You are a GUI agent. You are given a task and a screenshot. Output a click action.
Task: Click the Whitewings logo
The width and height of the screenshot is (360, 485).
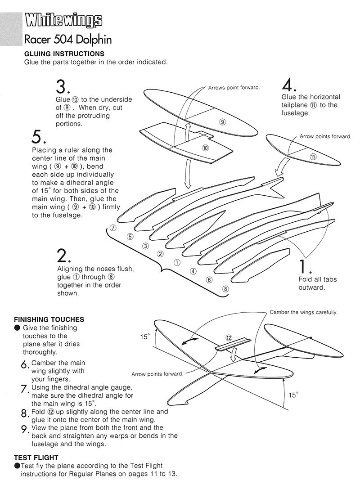pyautogui.click(x=63, y=21)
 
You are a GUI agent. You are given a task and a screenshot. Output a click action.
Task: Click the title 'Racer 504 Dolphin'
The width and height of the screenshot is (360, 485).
pyautogui.click(x=68, y=40)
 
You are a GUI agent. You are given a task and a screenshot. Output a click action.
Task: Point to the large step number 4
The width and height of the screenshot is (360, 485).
pyautogui.click(x=289, y=84)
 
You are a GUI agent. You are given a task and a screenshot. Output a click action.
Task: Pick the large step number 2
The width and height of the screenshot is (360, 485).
pyautogui.click(x=63, y=255)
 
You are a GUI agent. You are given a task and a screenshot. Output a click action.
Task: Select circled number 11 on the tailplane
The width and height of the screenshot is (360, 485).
pyautogui.click(x=313, y=157)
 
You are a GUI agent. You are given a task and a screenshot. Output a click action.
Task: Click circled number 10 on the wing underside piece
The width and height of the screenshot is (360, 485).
pyautogui.click(x=206, y=148)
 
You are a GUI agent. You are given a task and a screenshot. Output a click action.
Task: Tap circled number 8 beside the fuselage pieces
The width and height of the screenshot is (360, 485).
pyautogui.click(x=225, y=288)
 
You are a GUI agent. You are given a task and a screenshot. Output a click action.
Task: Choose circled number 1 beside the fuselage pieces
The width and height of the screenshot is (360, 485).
pyautogui.click(x=177, y=262)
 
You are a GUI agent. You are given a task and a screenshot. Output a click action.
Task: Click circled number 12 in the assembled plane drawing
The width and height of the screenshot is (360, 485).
pyautogui.click(x=229, y=337)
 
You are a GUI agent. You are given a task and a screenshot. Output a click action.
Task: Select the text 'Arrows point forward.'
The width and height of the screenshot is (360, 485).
pyautogui.click(x=234, y=87)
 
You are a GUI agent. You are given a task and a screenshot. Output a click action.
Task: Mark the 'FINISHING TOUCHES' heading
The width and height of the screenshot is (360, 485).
pyautogui.click(x=49, y=319)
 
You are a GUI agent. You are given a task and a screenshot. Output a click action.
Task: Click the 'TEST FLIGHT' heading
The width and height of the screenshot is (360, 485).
pyautogui.click(x=36, y=458)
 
